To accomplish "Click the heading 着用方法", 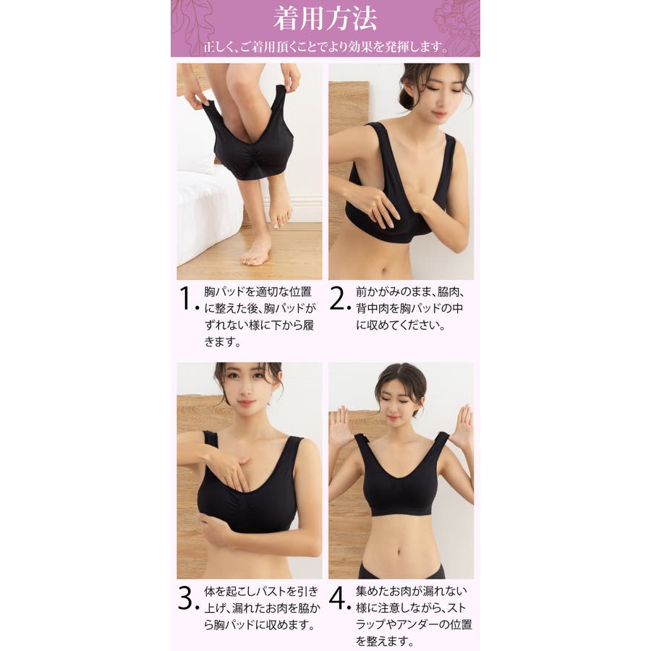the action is pos(325,19).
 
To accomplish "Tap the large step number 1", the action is pos(186,298).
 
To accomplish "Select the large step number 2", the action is pos(336,298).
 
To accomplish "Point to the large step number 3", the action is pos(186,597).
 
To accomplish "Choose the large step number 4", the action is pos(337,597).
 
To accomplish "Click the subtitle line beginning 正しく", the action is pos(325,46).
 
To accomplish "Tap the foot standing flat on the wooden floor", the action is pos(256,250).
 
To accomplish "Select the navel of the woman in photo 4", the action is pos(399,552).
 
